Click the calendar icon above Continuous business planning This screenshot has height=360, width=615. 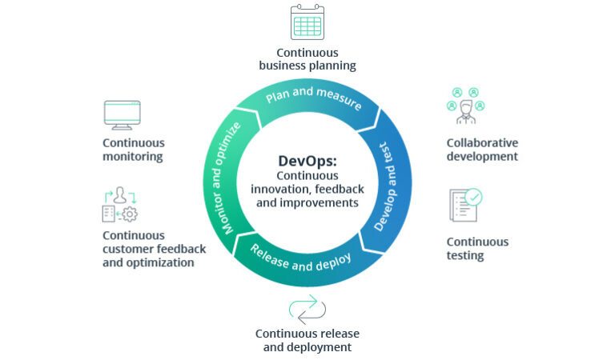[307, 23]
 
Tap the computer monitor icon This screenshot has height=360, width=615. [122, 115]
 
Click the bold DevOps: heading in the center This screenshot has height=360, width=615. [307, 160]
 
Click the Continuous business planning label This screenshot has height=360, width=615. [307, 58]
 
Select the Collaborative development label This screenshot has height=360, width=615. [482, 150]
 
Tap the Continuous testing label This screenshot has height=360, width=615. [477, 249]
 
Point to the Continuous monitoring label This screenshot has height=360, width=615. [134, 150]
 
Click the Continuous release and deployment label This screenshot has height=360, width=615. [307, 340]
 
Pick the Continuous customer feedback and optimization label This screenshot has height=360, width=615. [154, 249]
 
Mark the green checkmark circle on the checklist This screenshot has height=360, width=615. [473, 196]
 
